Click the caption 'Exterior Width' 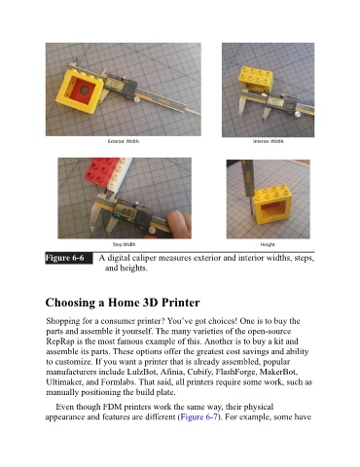click(124, 141)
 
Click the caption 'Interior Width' click(268, 141)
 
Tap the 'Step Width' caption click(124, 244)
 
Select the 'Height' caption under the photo click(268, 244)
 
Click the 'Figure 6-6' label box click(69, 258)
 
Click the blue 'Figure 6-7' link click(198, 416)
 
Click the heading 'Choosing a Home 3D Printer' click(123, 303)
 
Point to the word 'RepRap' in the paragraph click(57, 341)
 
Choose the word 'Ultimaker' click(64, 382)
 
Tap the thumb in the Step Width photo click(179, 222)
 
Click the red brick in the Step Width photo click(102, 171)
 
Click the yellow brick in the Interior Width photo click(256, 80)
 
